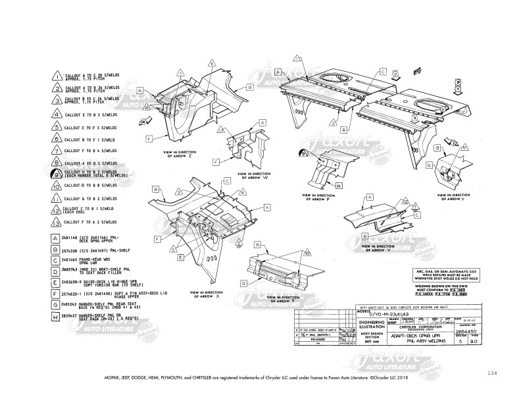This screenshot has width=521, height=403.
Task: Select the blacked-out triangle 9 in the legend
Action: pyautogui.click(x=57, y=174)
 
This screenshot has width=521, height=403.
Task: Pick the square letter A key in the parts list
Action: pyautogui.click(x=57, y=238)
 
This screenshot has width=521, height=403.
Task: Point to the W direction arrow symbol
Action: pyautogui.click(x=144, y=122)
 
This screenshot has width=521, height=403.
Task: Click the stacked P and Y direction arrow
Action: pyautogui.click(x=457, y=88)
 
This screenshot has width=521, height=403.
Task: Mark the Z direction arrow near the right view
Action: pyautogui.click(x=452, y=142)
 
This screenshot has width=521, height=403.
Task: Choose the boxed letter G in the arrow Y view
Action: pyautogui.click(x=428, y=165)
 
